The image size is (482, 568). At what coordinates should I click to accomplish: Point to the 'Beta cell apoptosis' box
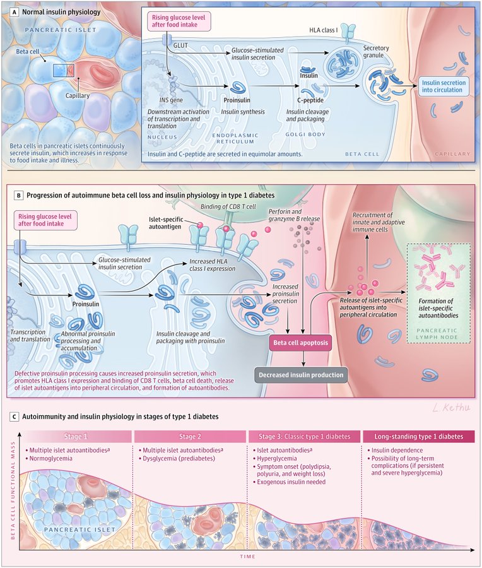pos(304,345)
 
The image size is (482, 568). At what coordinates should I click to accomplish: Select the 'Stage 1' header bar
pos(77,436)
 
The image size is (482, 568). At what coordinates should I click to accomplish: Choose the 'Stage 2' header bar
pos(189,436)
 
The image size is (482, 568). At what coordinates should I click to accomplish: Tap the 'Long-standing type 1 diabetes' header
pos(418,436)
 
